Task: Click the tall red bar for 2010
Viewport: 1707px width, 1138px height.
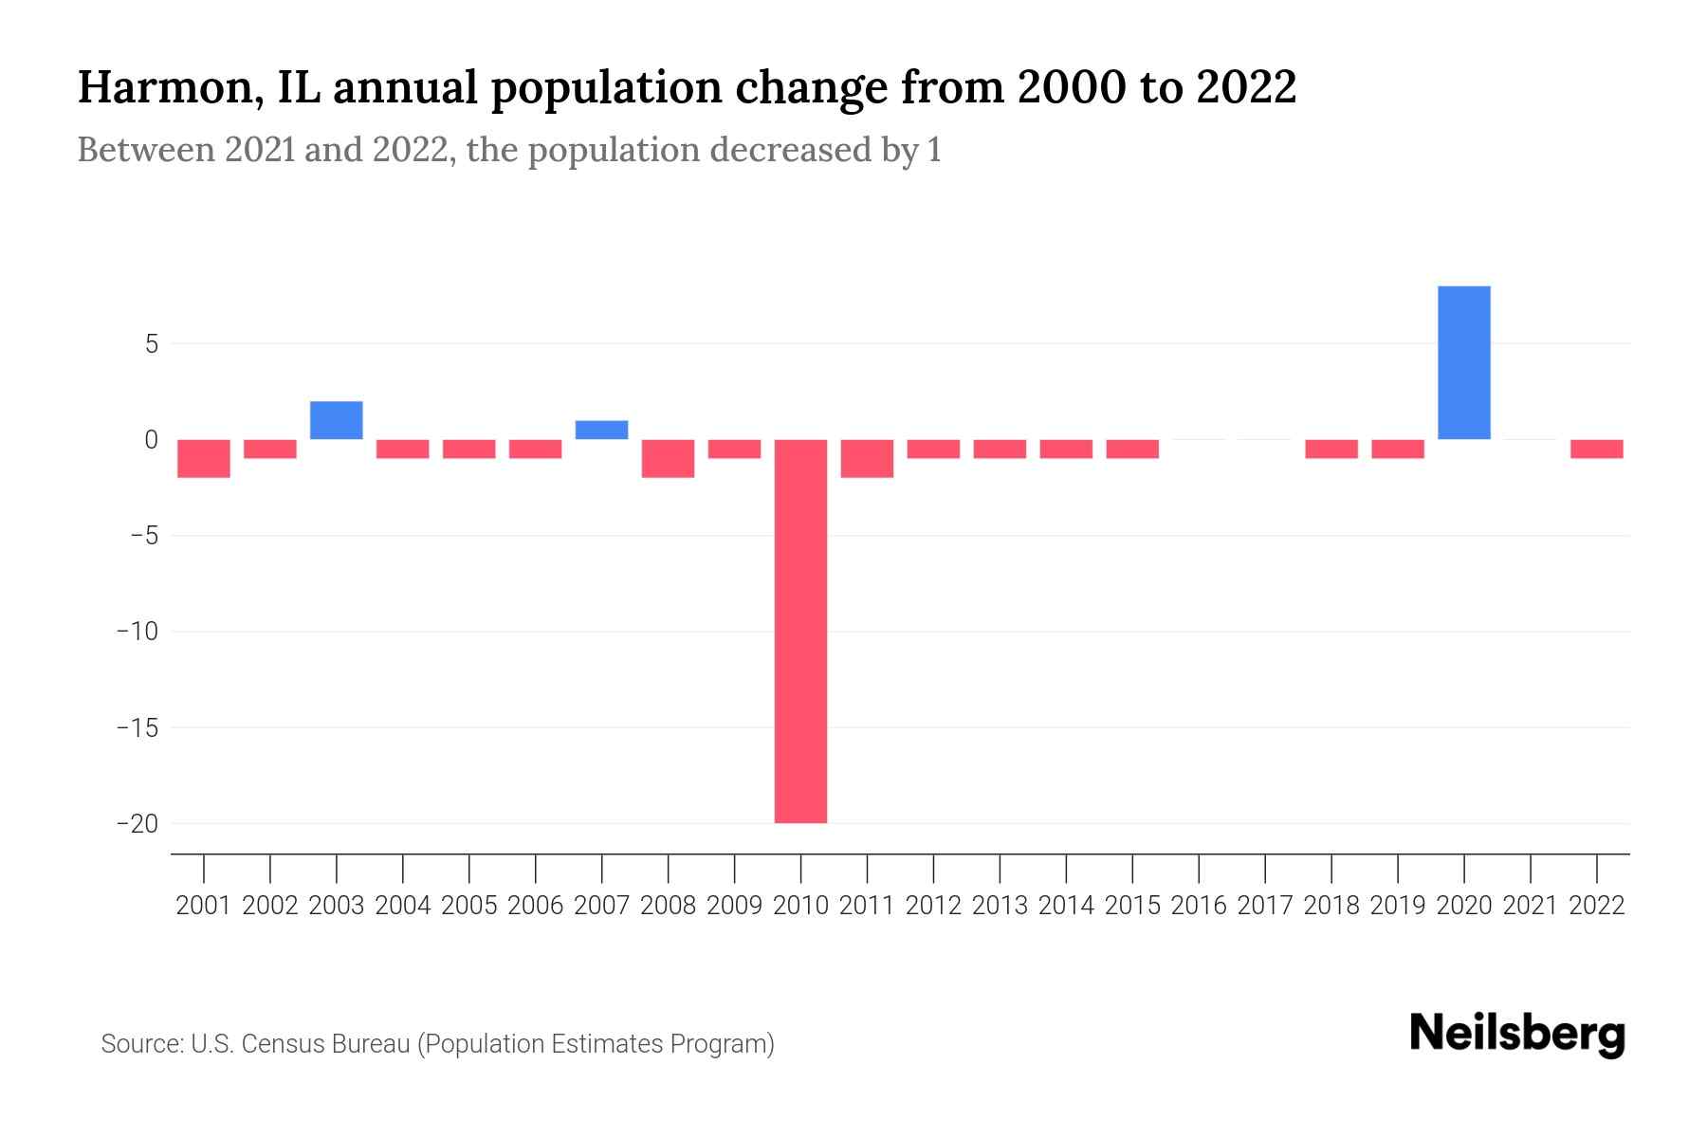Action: tap(800, 631)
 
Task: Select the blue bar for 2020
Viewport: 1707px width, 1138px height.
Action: tap(1463, 362)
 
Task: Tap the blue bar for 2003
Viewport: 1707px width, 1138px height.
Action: tap(337, 420)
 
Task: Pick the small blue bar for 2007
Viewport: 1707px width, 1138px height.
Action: tap(601, 430)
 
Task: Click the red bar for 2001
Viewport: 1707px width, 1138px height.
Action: tap(204, 458)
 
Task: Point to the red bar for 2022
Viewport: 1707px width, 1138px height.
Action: tap(1596, 449)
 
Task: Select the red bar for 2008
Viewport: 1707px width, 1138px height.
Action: tap(668, 458)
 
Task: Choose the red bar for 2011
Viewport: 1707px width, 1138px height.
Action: tap(867, 458)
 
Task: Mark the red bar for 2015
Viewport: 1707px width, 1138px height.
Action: tap(1132, 449)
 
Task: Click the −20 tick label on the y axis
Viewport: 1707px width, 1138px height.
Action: tap(137, 823)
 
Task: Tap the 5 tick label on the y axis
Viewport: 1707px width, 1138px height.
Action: tap(151, 343)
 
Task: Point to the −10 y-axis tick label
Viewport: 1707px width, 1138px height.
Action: tap(137, 632)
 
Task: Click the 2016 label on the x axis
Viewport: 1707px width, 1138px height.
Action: tap(1199, 906)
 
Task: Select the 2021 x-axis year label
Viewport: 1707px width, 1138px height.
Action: tap(1530, 906)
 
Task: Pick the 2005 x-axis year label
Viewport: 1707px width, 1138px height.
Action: tap(469, 906)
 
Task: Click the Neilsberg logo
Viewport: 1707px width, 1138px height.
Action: tap(1517, 1035)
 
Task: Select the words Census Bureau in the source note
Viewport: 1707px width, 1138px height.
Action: tap(325, 1044)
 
